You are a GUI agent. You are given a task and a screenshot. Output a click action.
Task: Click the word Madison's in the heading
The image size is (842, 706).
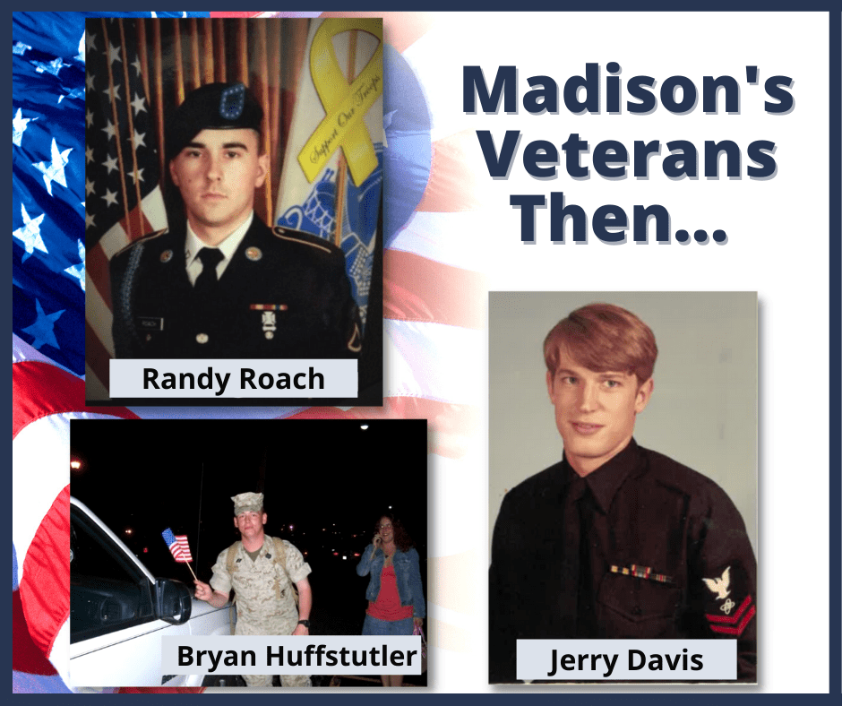click(x=626, y=93)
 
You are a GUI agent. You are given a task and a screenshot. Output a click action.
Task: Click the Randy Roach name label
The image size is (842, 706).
click(x=233, y=379)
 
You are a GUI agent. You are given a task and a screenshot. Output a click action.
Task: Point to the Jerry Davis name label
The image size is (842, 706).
click(x=626, y=662)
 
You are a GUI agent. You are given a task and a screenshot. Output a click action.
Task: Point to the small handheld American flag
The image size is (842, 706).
click(x=177, y=543)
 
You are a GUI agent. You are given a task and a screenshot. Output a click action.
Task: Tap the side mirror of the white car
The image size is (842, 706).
click(x=173, y=598)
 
